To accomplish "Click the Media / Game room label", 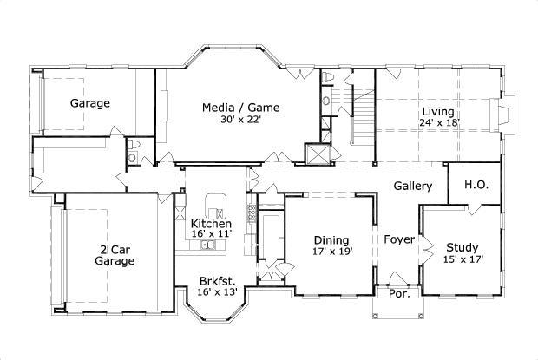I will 241,108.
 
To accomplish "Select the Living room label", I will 439,111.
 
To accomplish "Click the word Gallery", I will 413,187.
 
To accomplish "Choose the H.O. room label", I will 475,185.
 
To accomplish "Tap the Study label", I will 463,246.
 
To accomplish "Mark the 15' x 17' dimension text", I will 463,259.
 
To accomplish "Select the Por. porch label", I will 399,294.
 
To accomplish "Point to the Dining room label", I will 332,240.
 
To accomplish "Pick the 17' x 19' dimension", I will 332,252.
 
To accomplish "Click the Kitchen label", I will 211,224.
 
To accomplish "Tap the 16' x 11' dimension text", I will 211,234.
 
